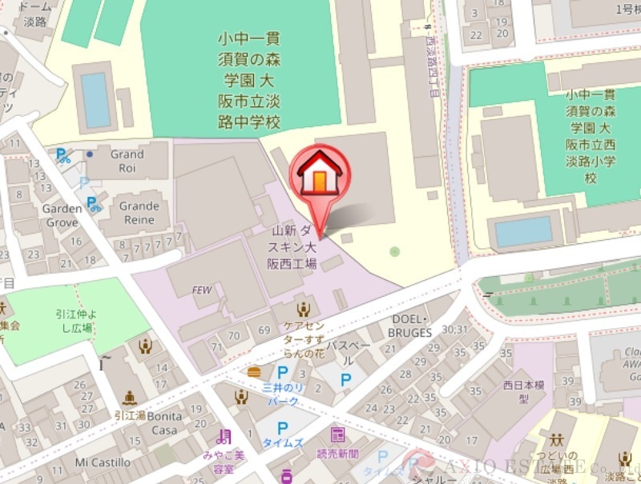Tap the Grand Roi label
click(127, 159)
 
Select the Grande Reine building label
click(139, 211)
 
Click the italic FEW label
click(202, 290)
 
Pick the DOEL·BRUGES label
click(409, 326)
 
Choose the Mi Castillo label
click(103, 462)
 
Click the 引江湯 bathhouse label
click(128, 415)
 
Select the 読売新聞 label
click(337, 453)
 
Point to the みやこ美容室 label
click(224, 459)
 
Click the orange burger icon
click(255, 371)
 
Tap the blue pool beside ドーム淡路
click(96, 99)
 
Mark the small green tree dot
click(394, 251)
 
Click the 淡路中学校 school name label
click(251, 80)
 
